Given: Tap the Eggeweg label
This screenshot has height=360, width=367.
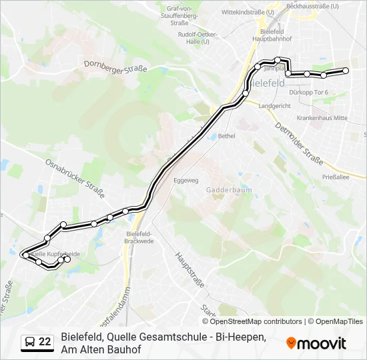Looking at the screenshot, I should pos(186,180).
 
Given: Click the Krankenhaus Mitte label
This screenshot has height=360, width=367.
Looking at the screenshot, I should pos(323,117).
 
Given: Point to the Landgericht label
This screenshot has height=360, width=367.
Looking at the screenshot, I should pos(274,106).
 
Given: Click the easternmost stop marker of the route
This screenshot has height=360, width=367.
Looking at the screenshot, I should pos(346,71).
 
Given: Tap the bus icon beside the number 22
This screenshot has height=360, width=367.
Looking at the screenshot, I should pos(30,342).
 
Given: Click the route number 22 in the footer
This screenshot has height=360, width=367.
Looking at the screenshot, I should pos(45,342).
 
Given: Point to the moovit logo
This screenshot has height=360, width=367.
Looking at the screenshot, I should pos(316,343).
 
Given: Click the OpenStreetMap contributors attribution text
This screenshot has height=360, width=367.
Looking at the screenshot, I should pos(256,321).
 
